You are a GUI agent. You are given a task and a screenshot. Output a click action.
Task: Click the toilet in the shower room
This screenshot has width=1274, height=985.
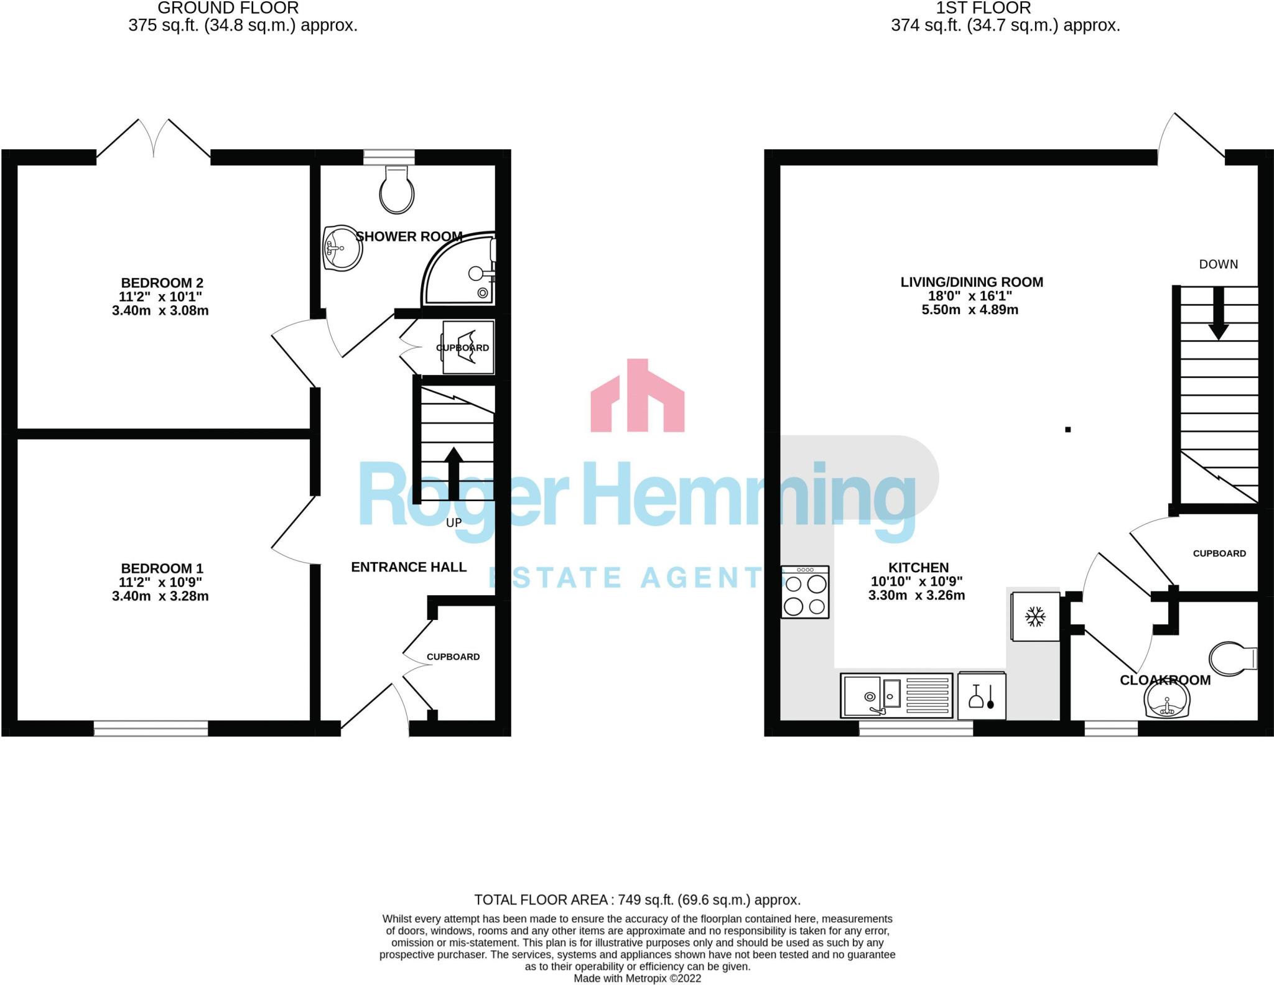[x=397, y=189]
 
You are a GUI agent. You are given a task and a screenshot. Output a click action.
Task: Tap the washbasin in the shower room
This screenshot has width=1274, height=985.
[x=342, y=248]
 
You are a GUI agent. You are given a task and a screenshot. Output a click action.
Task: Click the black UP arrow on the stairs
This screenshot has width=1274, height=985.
[x=454, y=473]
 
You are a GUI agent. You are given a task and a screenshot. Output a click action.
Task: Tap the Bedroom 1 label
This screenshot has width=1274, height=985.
[x=162, y=568]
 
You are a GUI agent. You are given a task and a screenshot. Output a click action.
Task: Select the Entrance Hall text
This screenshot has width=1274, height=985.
[x=409, y=567]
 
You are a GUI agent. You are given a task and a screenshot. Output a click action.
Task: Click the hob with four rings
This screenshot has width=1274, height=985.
[x=806, y=592]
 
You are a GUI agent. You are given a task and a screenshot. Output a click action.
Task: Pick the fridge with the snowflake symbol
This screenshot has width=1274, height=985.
[x=1035, y=616]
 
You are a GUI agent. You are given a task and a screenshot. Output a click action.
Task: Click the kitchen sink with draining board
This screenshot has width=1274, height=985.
[x=896, y=696]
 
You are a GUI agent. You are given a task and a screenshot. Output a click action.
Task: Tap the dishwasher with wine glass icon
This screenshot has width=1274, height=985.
[x=982, y=695]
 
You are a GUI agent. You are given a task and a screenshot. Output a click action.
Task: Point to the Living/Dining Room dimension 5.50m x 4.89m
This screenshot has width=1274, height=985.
[x=970, y=310]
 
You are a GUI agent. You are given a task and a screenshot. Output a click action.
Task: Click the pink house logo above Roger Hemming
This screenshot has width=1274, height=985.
[x=638, y=395]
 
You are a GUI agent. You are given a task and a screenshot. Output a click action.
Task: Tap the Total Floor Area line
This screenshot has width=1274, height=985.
[x=637, y=900]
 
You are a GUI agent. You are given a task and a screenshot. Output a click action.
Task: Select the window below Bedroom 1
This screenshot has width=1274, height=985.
[x=151, y=729]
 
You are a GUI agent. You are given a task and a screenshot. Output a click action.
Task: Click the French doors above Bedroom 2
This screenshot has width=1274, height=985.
[x=154, y=137]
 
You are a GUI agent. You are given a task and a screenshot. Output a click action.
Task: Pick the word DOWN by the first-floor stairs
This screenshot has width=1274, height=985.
[x=1219, y=264]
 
